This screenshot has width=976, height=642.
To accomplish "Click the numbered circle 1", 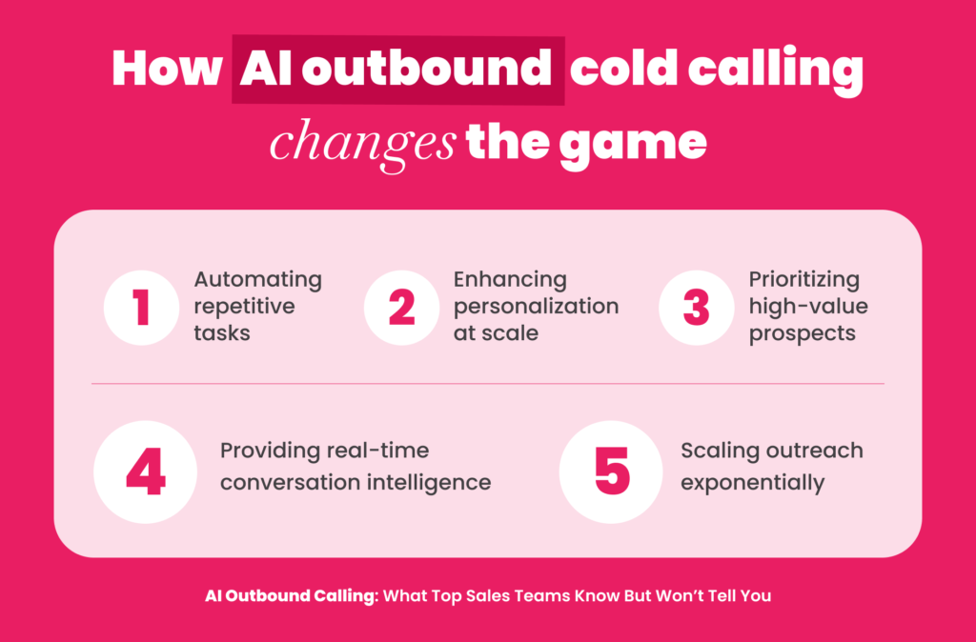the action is tap(141, 308).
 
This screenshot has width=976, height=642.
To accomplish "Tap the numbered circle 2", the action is tap(401, 308).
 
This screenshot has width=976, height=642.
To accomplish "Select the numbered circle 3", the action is tap(697, 308).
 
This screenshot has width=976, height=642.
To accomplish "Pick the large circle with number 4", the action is tap(145, 472).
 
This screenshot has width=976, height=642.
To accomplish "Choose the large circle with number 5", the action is tap(611, 472).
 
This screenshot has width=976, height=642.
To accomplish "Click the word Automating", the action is tap(257, 281).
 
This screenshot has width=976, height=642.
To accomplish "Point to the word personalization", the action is tap(536, 308).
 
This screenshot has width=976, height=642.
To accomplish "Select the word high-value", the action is tap(808, 307).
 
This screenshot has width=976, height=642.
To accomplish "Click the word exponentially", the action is tap(753, 483).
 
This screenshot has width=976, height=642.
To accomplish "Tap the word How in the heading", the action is tap(167, 68).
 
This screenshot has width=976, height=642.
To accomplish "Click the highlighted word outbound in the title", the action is tap(426, 69).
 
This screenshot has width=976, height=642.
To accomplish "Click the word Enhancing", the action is tap(510, 281).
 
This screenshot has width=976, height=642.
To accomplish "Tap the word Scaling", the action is tap(719, 451).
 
